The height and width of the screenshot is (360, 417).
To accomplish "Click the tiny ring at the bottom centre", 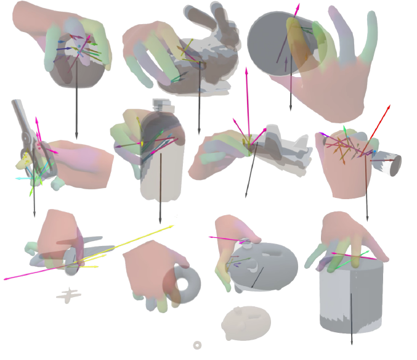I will click(197, 345).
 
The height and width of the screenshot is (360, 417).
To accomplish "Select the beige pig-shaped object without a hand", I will click(246, 323).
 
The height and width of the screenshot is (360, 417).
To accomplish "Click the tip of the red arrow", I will click(389, 105).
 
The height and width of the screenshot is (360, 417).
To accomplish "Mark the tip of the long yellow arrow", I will click(174, 226).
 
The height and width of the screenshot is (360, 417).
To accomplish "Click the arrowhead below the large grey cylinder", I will click(352, 343).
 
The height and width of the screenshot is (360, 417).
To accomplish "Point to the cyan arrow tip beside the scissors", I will click(17, 179).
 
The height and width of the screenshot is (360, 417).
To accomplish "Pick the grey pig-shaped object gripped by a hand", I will click(268, 265).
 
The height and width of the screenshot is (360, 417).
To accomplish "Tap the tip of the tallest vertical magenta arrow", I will click(246, 70).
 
